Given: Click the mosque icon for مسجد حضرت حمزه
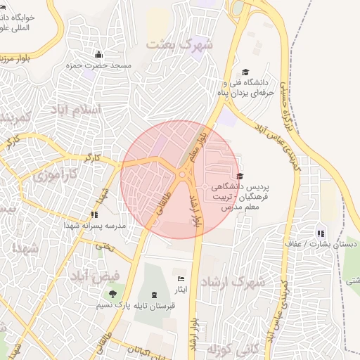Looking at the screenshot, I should click(x=98, y=55).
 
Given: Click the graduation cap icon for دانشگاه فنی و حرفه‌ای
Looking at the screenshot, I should click(x=245, y=72).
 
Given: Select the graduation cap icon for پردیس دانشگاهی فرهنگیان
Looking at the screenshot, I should click(x=240, y=176).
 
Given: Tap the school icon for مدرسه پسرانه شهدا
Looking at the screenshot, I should click(x=94, y=215).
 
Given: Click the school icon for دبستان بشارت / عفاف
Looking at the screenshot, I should click(x=321, y=233).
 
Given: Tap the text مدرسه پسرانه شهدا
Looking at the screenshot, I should click(x=95, y=226).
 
